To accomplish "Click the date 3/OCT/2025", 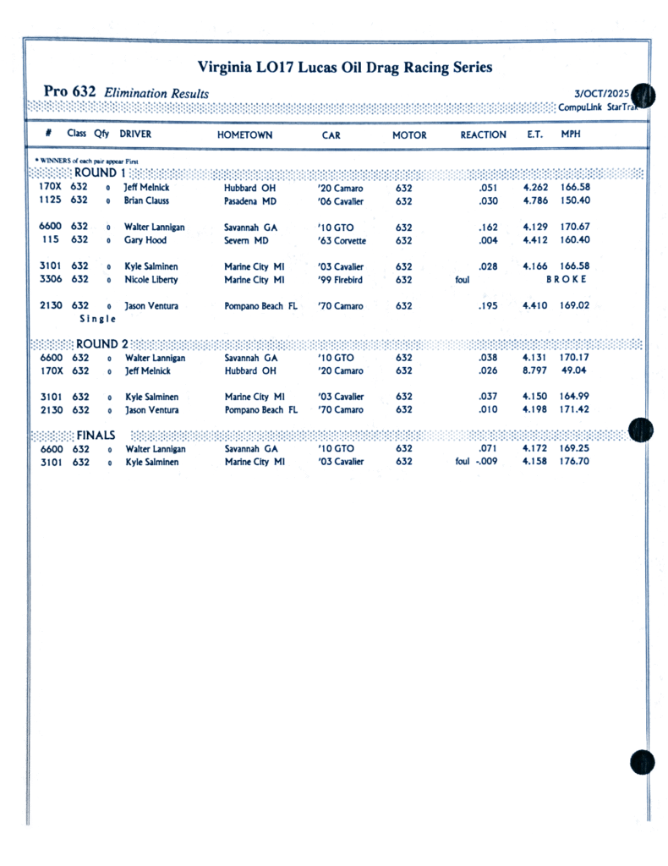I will (x=601, y=93).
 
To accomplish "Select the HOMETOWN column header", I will (x=244, y=135).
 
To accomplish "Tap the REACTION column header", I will (x=483, y=135).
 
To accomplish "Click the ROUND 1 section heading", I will (x=100, y=173).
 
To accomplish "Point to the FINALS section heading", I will (x=96, y=435).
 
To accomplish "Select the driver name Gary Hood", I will (x=145, y=240).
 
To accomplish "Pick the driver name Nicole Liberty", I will (x=151, y=280).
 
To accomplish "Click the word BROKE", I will (x=567, y=279).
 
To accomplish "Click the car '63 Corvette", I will (x=342, y=241).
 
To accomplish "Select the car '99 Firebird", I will (x=340, y=280).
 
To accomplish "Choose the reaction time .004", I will (x=487, y=240).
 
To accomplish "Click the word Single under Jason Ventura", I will (x=98, y=319).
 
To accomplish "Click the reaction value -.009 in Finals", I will (x=486, y=462).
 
